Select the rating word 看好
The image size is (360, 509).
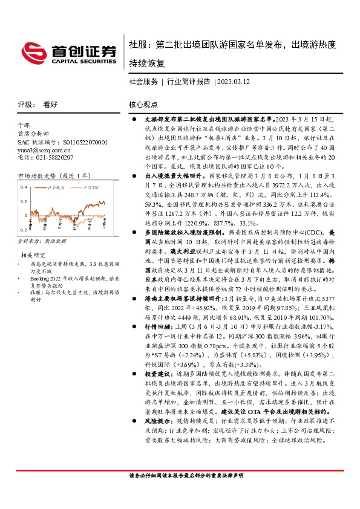50,104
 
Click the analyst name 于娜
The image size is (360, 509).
24,124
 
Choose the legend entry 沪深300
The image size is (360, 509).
90,189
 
